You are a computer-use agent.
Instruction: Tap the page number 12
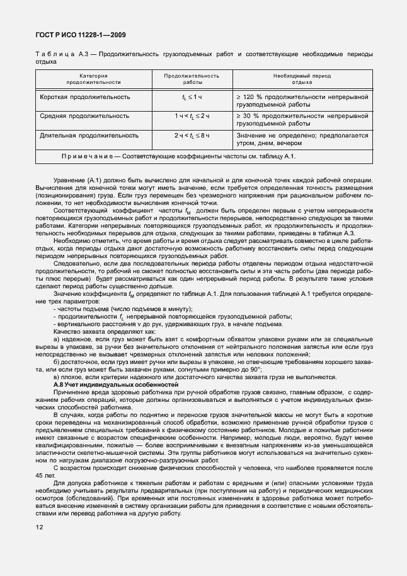pos(40,526)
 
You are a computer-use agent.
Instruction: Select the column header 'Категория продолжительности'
pos(93,79)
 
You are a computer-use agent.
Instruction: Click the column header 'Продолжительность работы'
pos(192,79)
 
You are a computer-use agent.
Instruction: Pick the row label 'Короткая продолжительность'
pos(85,97)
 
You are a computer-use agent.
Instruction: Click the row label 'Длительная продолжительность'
pos(89,135)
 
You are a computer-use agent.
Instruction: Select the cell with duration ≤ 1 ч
pos(192,97)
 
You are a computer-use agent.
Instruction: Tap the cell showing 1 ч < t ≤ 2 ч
pos(192,116)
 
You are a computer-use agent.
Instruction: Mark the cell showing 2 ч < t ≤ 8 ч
pos(192,135)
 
